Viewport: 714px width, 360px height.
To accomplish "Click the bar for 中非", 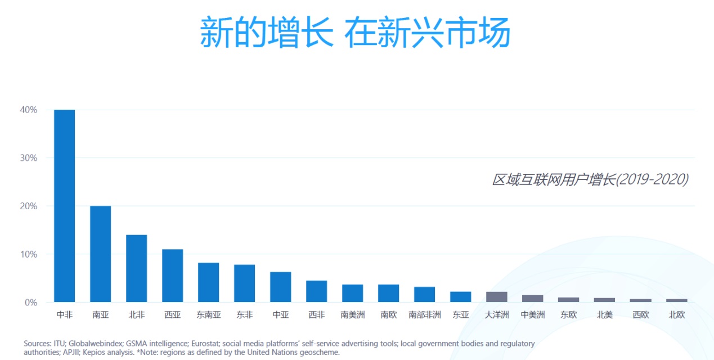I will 64,206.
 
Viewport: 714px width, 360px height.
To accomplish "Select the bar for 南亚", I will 100,254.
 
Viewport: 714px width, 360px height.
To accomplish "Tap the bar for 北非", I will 136,268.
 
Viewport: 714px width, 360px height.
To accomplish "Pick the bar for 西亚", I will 172,276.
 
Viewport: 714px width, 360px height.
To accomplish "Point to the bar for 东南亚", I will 208,282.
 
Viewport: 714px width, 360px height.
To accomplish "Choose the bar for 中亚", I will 280,287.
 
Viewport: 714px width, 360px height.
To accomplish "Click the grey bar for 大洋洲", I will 496,297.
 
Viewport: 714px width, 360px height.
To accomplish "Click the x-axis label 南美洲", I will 352,315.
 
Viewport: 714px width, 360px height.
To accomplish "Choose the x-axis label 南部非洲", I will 424,315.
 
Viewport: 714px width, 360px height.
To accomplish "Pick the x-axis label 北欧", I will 676,315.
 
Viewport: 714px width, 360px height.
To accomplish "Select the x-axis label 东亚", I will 460,315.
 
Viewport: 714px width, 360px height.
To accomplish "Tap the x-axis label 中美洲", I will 532,315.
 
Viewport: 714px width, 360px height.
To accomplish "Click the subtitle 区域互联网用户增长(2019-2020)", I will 590,179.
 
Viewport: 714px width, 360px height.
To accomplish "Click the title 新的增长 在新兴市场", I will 355,33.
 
